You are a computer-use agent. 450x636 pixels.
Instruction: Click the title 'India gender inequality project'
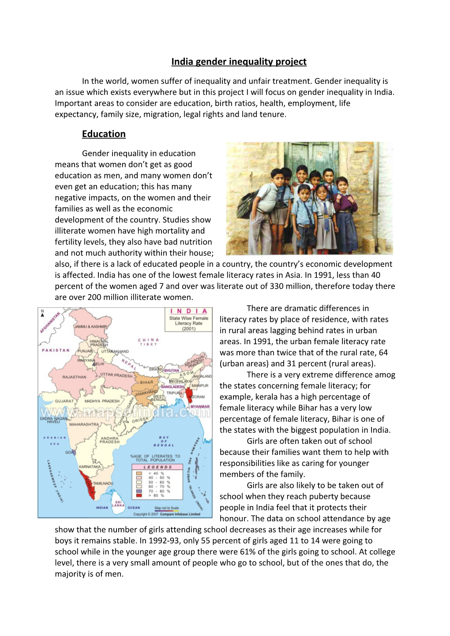[239, 62]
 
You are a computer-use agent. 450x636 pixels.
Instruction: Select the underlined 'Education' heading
[104, 134]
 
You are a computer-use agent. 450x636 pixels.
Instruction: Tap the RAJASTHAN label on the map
[74, 377]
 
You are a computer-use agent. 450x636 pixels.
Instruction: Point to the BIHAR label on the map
[146, 383]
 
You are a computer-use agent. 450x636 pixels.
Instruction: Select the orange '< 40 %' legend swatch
[139, 473]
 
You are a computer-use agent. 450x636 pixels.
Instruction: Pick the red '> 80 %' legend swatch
[139, 495]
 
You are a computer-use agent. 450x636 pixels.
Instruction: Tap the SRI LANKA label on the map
[118, 504]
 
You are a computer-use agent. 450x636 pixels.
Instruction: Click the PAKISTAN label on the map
[56, 350]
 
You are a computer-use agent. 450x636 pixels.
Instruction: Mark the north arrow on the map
[43, 313]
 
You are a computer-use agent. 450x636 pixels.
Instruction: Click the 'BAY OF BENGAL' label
[164, 441]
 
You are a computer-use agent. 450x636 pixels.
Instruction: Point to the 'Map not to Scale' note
[167, 508]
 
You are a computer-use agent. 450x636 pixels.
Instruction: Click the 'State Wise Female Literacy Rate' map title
[188, 320]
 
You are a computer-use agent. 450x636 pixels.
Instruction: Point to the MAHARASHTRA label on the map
[84, 424]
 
